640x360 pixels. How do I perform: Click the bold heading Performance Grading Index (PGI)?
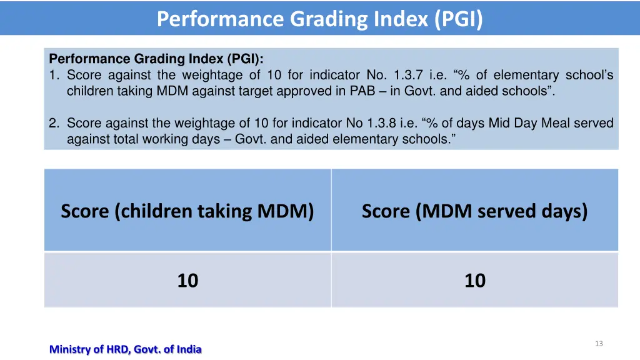pyautogui.click(x=156, y=59)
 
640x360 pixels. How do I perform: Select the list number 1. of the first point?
pyautogui.click(x=54, y=75)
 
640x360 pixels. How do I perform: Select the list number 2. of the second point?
pyautogui.click(x=54, y=123)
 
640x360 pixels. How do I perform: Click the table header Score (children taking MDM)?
pyautogui.click(x=187, y=211)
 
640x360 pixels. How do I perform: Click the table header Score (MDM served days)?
pyautogui.click(x=474, y=211)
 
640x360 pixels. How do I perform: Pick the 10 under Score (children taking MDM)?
pyautogui.click(x=187, y=281)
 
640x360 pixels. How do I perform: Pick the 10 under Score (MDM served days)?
pyautogui.click(x=474, y=281)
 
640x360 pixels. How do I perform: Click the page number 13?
pyautogui.click(x=599, y=344)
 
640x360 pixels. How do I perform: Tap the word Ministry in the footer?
pyautogui.click(x=70, y=349)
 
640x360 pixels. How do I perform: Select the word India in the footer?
pyautogui.click(x=189, y=349)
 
